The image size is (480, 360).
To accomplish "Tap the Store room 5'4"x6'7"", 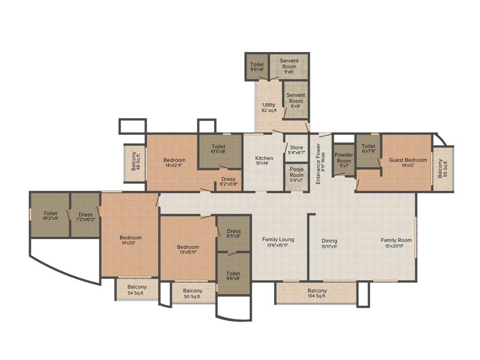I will (296, 150).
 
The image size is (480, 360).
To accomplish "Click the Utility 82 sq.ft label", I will (269, 107).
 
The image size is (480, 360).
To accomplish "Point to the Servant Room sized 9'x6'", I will (289, 67).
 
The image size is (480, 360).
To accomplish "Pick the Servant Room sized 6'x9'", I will (295, 100).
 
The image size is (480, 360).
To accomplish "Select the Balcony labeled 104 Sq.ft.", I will (317, 293).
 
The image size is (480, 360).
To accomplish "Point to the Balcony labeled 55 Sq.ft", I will (442, 169).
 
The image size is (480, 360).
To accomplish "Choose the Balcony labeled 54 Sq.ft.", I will (136, 290).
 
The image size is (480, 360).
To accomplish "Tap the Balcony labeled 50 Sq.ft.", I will (193, 293).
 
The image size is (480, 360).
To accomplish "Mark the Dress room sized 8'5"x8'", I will (233, 233).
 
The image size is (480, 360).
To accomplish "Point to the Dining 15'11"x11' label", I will (330, 243).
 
